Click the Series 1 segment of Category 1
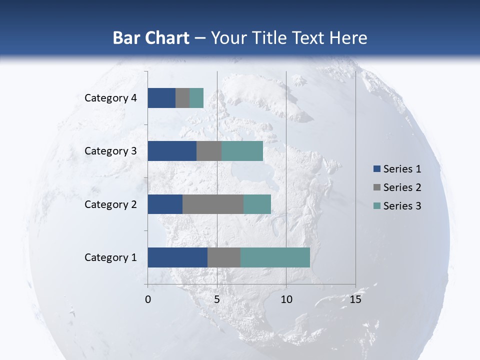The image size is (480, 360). pos(177,257)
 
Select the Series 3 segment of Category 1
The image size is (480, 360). pos(275,257)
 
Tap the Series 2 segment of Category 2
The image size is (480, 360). pos(213,204)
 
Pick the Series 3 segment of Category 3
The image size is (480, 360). pos(242,151)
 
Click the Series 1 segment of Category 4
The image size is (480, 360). pos(161,98)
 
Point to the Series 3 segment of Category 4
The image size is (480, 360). pos(196,98)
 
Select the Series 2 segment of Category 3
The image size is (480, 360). pos(209,151)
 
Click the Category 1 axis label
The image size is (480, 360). pos(110,257)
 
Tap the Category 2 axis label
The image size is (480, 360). pos(110,204)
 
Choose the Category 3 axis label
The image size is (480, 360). pos(110,151)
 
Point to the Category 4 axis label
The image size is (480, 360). pos(110,98)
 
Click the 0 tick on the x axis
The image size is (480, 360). pos(148,299)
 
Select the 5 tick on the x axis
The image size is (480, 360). pos(217,299)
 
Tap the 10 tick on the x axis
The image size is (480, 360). pos(286,299)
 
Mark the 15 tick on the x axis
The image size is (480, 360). pos(355,299)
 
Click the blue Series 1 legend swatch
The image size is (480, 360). pos(376,169)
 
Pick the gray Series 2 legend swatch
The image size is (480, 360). pos(376,187)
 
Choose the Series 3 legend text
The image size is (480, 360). pos(402,206)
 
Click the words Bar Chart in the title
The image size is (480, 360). pos(151,38)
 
